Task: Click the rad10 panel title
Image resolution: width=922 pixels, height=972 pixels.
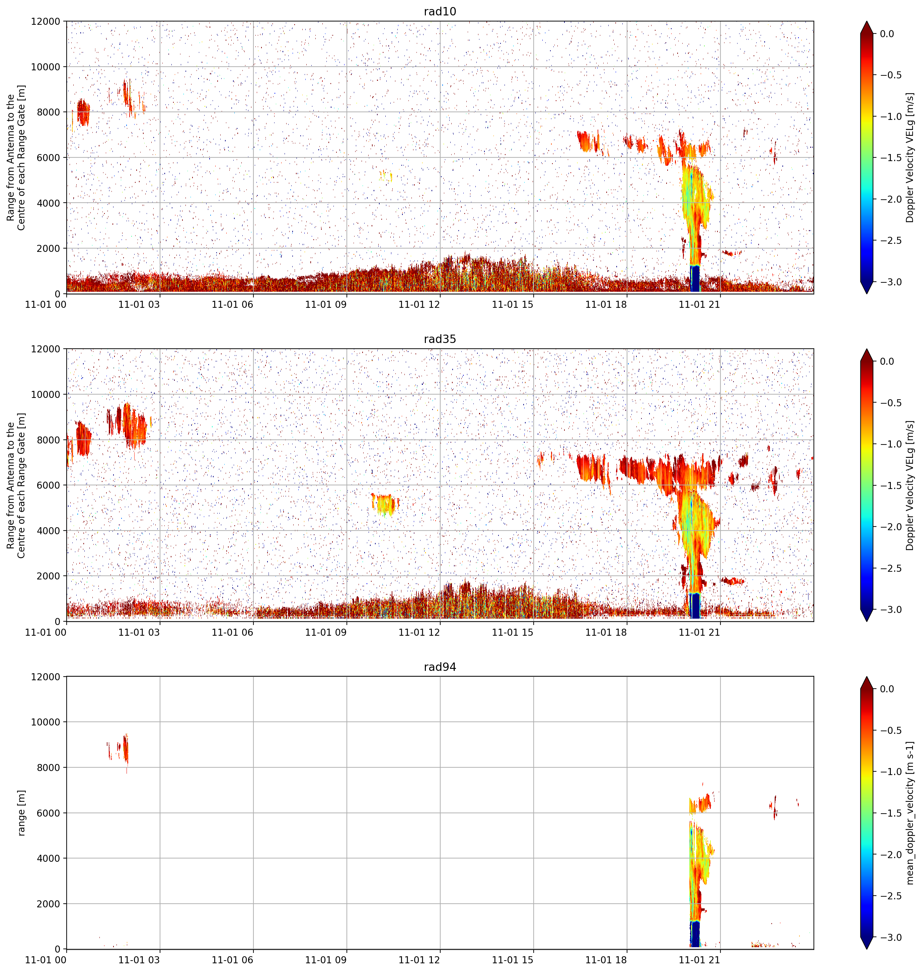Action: click(x=440, y=11)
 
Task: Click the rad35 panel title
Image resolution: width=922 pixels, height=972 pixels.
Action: click(x=440, y=339)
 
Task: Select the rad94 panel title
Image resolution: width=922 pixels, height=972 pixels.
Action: click(x=440, y=667)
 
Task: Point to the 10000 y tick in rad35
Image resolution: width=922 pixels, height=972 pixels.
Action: click(x=46, y=394)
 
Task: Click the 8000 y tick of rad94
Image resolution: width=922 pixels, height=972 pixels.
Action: click(x=49, y=767)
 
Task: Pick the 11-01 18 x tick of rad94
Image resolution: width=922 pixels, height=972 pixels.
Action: click(x=606, y=959)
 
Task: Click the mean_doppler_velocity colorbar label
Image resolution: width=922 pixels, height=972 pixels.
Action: click(x=910, y=813)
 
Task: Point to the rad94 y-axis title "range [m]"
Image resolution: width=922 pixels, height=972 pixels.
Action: click(x=21, y=813)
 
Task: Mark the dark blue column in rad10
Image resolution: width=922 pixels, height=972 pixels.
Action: click(x=695, y=279)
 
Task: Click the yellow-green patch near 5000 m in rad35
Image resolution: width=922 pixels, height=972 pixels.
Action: click(x=384, y=504)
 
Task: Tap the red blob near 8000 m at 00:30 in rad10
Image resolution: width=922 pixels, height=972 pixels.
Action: click(x=83, y=113)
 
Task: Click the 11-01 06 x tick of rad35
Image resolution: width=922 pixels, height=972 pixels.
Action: click(x=232, y=632)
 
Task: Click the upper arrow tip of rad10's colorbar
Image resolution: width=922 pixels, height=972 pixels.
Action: click(x=866, y=21)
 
